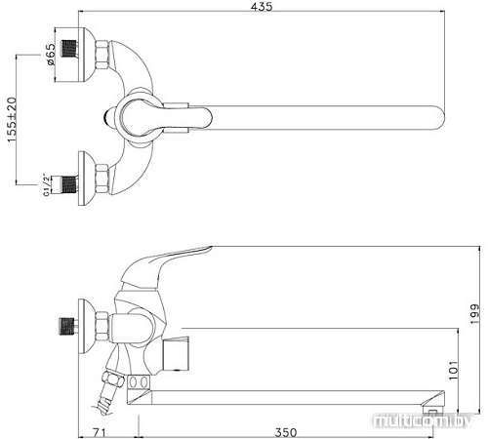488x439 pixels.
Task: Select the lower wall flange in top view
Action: [98, 180]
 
